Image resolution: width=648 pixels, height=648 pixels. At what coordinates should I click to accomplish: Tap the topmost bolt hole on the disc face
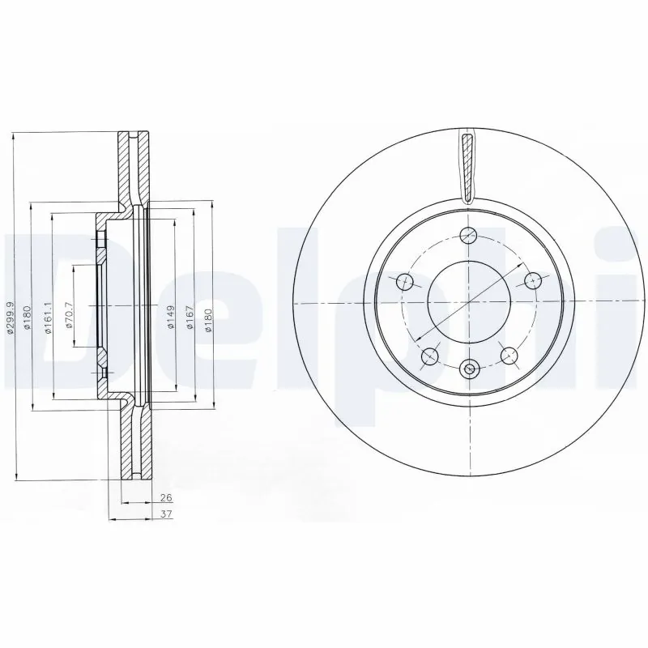point(468,236)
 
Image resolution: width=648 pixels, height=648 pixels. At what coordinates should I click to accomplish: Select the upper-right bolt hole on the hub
point(532,280)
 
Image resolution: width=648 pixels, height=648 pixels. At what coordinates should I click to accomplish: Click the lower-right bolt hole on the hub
point(509,354)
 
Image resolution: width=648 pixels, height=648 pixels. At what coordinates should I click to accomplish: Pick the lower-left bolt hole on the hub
point(430,355)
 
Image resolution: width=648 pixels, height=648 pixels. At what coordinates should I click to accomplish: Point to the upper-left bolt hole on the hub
point(405,282)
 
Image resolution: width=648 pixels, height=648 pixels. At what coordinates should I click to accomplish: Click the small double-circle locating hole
point(468,369)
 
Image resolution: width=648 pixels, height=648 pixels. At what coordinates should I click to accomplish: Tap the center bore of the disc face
point(468,303)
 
